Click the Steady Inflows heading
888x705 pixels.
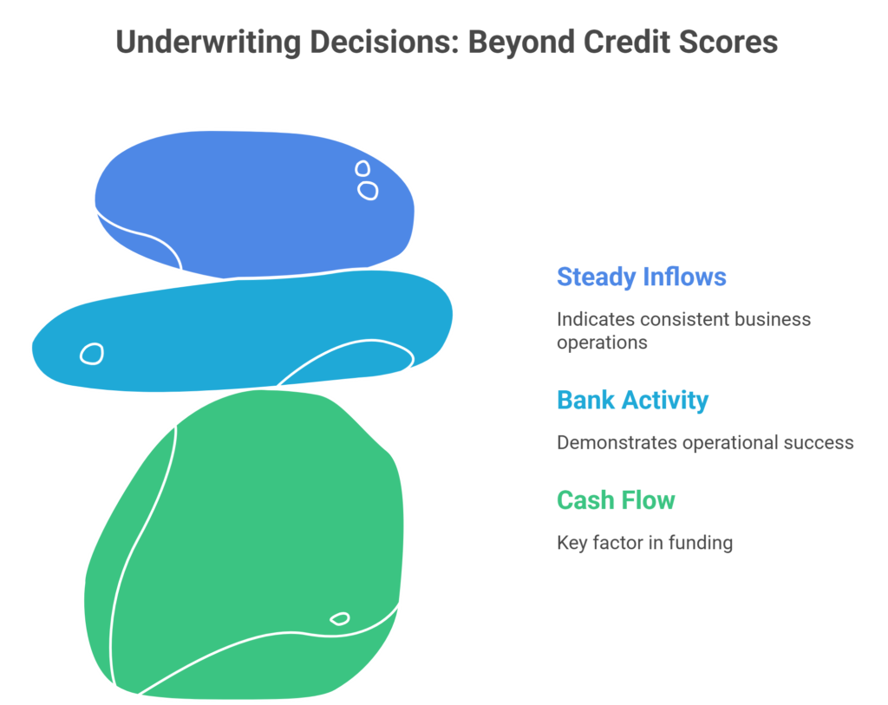[641, 277]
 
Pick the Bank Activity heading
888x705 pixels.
[632, 400]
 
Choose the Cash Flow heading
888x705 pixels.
[616, 500]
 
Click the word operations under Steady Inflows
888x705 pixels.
[602, 342]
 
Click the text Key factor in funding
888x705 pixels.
[644, 543]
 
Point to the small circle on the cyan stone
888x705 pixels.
[92, 353]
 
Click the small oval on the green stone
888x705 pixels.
[340, 618]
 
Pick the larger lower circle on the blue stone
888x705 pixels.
[368, 190]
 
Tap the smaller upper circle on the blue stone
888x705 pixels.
[362, 168]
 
